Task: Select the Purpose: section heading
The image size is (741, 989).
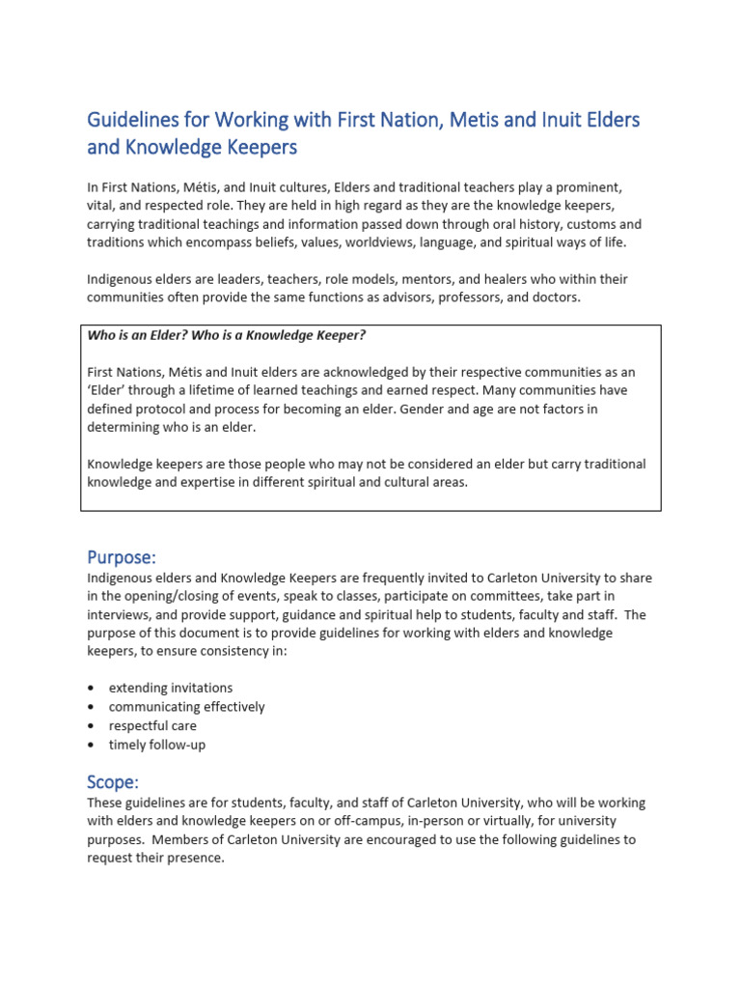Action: pos(122,557)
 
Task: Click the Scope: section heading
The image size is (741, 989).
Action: pos(114,781)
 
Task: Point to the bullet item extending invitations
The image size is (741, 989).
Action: pos(171,688)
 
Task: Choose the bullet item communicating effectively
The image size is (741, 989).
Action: pos(186,707)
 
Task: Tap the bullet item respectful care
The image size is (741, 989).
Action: pos(152,725)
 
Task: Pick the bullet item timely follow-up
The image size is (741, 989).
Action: pos(157,745)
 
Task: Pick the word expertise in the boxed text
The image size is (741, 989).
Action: pos(202,482)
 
